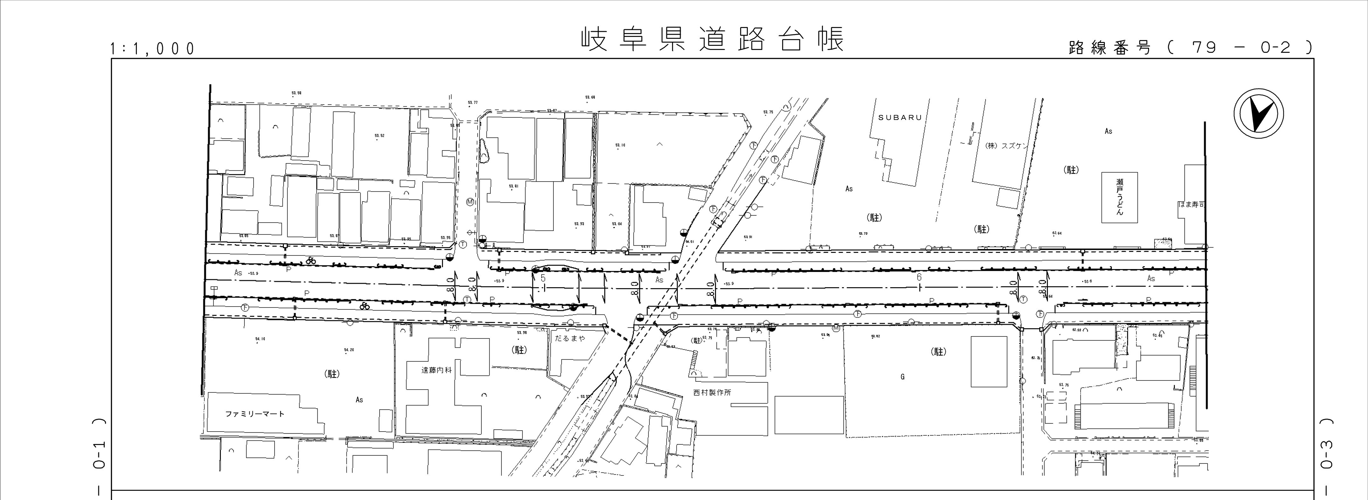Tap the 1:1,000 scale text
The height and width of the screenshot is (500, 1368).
pos(152,49)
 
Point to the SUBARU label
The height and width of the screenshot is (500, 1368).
pos(900,117)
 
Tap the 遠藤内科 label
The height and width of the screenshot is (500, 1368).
pos(437,370)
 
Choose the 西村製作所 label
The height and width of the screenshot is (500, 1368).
pos(712,393)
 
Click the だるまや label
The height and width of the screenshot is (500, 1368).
pos(570,337)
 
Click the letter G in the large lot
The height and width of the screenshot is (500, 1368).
pos(902,377)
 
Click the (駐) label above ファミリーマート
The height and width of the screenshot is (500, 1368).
pos(332,374)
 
